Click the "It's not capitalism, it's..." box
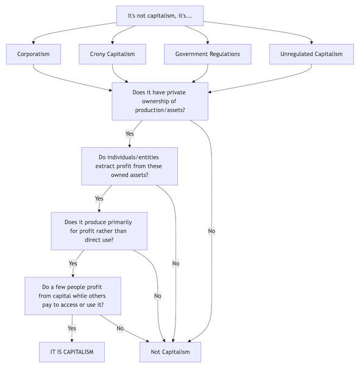coord(160,16)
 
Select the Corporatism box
coord(34,54)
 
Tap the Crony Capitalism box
coord(112,54)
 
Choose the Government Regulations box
coord(208,54)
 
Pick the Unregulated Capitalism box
coord(311,54)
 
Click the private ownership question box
coord(160,101)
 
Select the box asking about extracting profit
coord(129,166)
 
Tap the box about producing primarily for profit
coord(99,231)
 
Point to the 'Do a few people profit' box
coord(72,296)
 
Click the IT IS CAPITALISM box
coord(72,352)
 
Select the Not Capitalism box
coord(170,352)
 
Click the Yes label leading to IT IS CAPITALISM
coord(72,328)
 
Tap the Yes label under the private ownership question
coord(129,134)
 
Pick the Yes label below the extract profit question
coord(99,198)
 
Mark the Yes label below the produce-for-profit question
coord(72,263)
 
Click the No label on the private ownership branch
coord(211,231)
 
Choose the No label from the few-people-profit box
coord(120,328)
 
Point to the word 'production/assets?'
coord(160,110)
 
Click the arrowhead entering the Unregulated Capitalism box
coord(311,43)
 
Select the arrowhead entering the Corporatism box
coord(34,43)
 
